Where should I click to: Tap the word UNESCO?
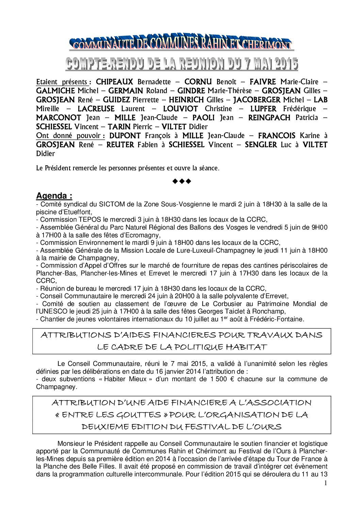(51, 311)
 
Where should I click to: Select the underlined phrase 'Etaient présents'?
(63, 82)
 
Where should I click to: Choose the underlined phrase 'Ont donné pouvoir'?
(70, 136)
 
